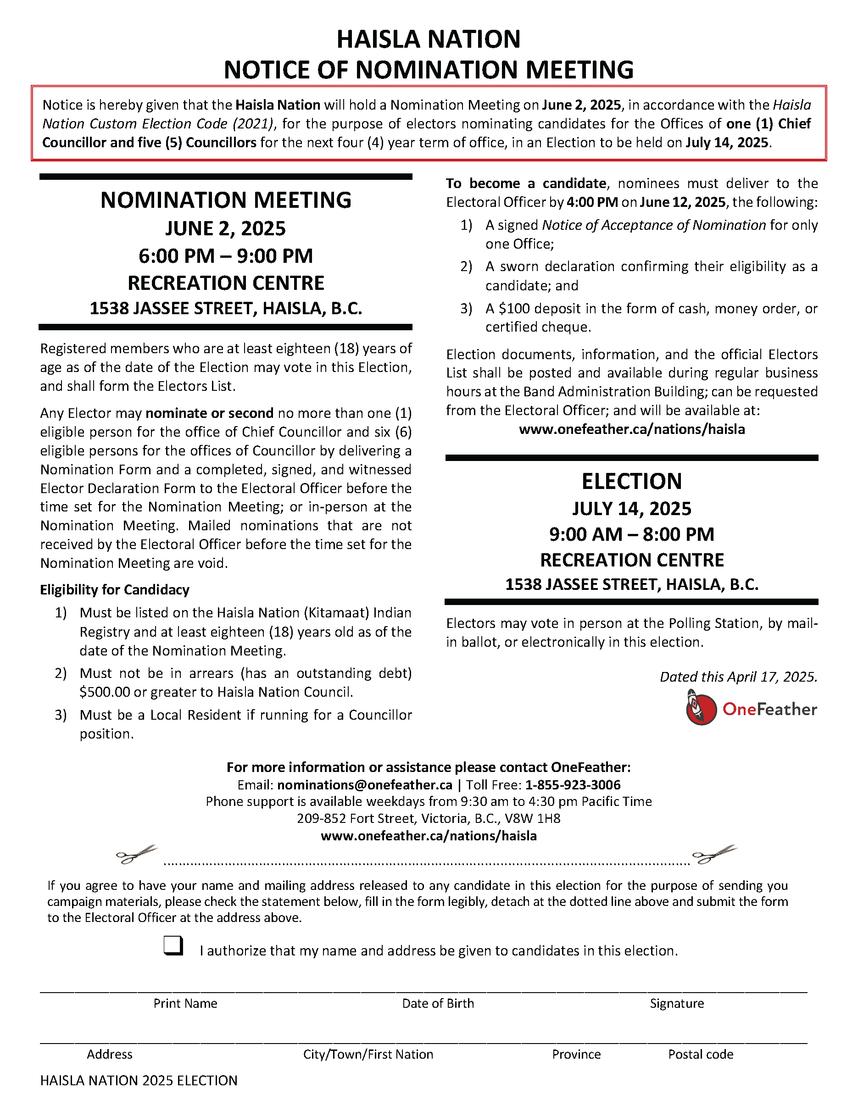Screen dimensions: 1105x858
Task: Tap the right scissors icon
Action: (714, 855)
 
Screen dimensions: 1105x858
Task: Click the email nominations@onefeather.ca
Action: (364, 785)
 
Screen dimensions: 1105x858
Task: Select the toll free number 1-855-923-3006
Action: (573, 785)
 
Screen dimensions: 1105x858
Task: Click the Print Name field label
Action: (185, 1003)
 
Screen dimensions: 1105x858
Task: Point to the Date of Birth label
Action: (438, 1003)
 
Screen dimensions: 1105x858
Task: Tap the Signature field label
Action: (677, 1003)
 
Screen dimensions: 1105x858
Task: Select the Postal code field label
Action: (701, 1054)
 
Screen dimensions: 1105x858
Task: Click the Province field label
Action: (576, 1054)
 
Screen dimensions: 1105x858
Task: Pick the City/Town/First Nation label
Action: (368, 1054)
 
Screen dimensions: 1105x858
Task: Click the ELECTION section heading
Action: (632, 481)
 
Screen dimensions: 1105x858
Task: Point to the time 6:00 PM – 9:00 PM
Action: (226, 256)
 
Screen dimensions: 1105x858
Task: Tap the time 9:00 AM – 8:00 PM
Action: (632, 534)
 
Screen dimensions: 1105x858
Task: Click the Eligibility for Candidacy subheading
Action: (115, 589)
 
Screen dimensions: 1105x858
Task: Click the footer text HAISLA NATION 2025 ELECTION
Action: (139, 1080)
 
